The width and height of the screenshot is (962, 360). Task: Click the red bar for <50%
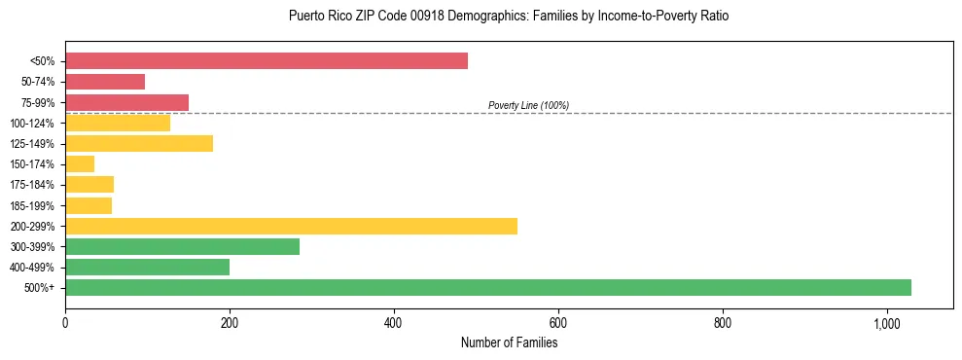[266, 61]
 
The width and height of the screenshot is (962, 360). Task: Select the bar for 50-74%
[105, 82]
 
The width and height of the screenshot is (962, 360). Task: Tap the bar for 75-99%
[126, 102]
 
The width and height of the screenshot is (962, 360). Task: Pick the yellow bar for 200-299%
[291, 226]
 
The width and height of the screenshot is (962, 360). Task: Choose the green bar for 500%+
[487, 287]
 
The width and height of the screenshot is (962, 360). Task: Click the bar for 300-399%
[182, 246]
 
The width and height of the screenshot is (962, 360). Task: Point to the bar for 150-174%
[80, 164]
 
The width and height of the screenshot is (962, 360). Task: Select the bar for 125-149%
[139, 144]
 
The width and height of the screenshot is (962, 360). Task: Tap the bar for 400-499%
[147, 267]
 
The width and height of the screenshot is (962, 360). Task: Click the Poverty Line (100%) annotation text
[528, 105]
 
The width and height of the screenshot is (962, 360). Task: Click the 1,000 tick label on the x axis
[887, 323]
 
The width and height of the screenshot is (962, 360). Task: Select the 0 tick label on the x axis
[65, 323]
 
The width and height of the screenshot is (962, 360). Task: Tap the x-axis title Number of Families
[509, 342]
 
